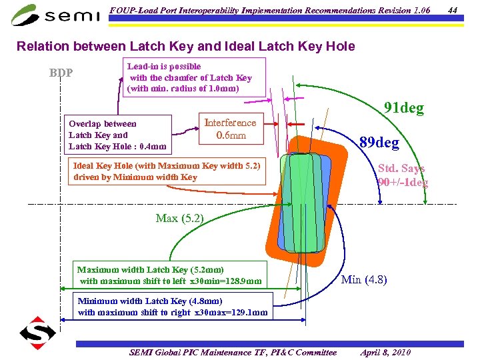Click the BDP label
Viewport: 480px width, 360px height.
[x=61, y=73]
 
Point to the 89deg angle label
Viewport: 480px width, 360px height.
[x=379, y=143]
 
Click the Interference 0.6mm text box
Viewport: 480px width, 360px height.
[x=230, y=129]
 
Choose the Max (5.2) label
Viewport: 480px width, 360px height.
[x=179, y=218]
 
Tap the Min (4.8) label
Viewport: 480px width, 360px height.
[x=364, y=279]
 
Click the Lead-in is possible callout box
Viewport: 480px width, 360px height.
[x=194, y=77]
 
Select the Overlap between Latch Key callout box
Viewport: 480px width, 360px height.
[x=117, y=135]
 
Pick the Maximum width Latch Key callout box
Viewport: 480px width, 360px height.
[x=169, y=275]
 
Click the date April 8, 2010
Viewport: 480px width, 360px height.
[x=385, y=352]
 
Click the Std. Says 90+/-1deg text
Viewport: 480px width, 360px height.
[x=402, y=175]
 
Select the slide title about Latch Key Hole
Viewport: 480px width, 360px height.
[x=185, y=47]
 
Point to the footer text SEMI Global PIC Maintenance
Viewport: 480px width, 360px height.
[x=233, y=352]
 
